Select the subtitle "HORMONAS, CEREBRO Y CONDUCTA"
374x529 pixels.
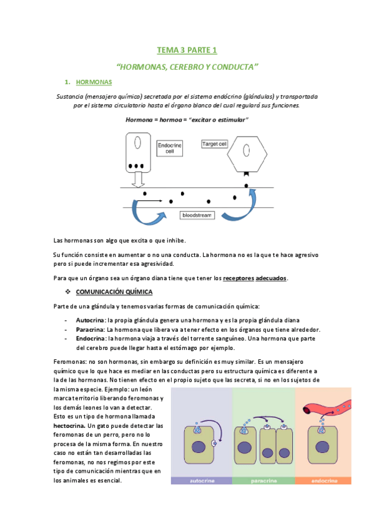pyautogui.click(x=187, y=66)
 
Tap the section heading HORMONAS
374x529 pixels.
pyautogui.click(x=94, y=82)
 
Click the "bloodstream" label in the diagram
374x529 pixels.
pyautogui.click(x=196, y=215)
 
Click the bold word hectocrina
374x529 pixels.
pyautogui.click(x=70, y=425)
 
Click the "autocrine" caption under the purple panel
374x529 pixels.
pyautogui.click(x=201, y=481)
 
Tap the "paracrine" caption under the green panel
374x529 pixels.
pyautogui.click(x=263, y=481)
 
